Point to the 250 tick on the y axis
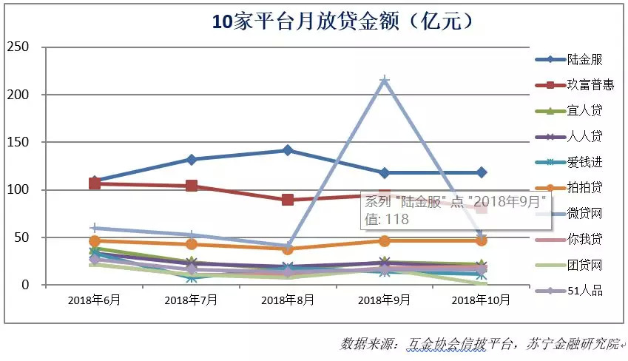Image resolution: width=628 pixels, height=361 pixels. pos(17,47)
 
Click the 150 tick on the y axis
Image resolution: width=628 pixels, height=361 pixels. pos(17,142)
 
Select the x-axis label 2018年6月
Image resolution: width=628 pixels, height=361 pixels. pos(94,300)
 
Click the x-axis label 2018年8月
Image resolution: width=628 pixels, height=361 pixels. pos(288,300)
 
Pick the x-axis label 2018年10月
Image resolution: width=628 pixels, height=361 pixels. pos(482,300)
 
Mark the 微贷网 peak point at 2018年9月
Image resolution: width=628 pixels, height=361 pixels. pos(385,80)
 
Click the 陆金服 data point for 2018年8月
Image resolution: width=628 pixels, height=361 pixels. pos(288,150)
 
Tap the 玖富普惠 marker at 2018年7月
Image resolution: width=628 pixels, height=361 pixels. pos(192,186)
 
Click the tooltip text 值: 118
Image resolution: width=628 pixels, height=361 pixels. pos(385,219)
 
